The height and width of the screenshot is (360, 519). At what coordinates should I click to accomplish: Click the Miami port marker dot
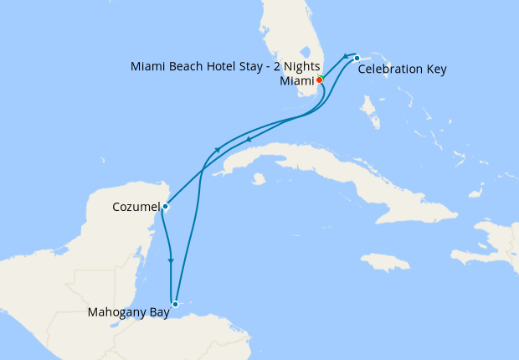pyautogui.click(x=320, y=80)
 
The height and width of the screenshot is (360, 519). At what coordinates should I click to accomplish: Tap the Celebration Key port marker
pyautogui.click(x=357, y=58)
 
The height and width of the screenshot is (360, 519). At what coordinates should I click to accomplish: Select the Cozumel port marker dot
pyautogui.click(x=166, y=206)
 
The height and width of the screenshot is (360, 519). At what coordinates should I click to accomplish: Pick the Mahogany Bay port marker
pyautogui.click(x=174, y=304)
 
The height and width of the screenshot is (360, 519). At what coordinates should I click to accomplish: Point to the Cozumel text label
pyautogui.click(x=136, y=206)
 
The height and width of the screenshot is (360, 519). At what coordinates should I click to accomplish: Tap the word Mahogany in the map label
pyautogui.click(x=118, y=313)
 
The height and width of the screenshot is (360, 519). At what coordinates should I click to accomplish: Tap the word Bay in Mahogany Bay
pyautogui.click(x=158, y=313)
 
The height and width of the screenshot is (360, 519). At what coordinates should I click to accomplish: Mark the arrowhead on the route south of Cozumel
pyautogui.click(x=171, y=261)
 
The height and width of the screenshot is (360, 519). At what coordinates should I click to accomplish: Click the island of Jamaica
pyautogui.click(x=384, y=262)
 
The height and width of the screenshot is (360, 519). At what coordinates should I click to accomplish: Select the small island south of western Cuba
pyautogui.click(x=258, y=178)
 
